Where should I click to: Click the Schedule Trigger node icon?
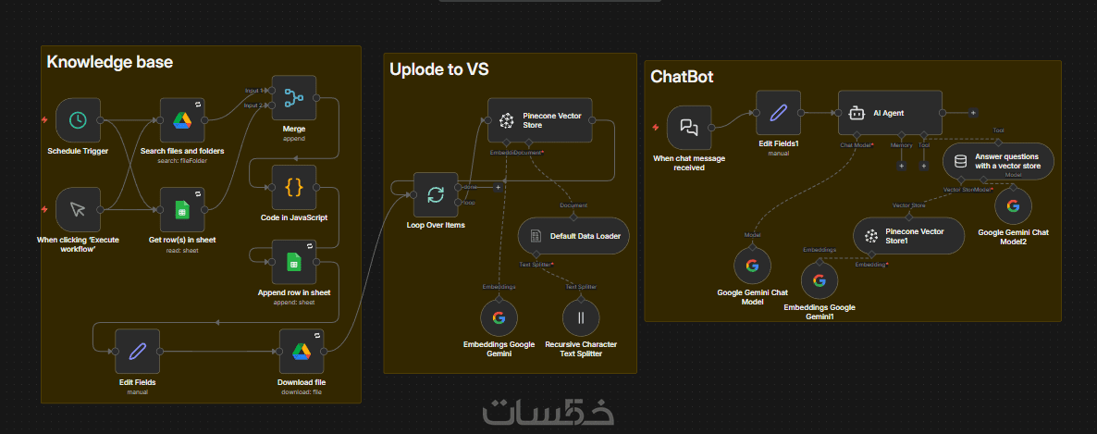(78, 120)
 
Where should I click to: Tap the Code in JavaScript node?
(294, 188)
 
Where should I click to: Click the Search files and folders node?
(181, 120)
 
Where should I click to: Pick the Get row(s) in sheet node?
(181, 210)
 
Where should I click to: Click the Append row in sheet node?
(294, 262)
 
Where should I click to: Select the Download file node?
(302, 351)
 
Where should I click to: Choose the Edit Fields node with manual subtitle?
(137, 351)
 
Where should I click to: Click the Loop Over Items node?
(435, 194)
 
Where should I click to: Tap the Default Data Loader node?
(573, 236)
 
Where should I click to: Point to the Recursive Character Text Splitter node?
(581, 317)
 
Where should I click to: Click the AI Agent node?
(890, 113)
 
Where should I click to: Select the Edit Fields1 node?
(778, 113)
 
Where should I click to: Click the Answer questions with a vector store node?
(997, 161)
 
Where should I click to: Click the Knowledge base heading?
(109, 62)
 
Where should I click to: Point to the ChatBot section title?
(682, 76)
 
